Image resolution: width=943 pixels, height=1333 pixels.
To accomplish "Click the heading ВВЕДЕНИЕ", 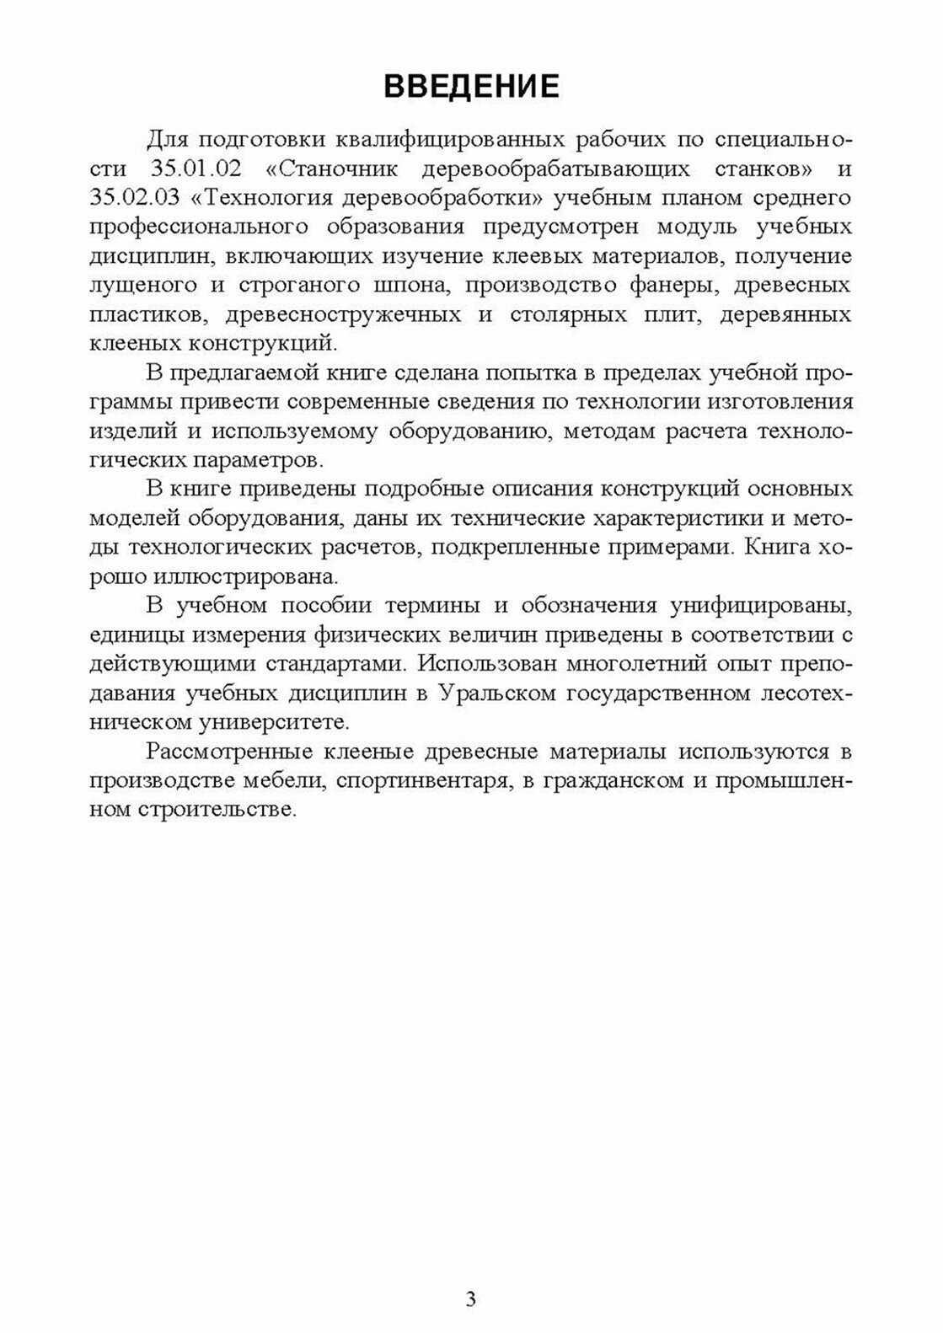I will (x=471, y=87).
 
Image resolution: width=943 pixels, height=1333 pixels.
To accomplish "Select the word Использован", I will (x=485, y=663).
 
